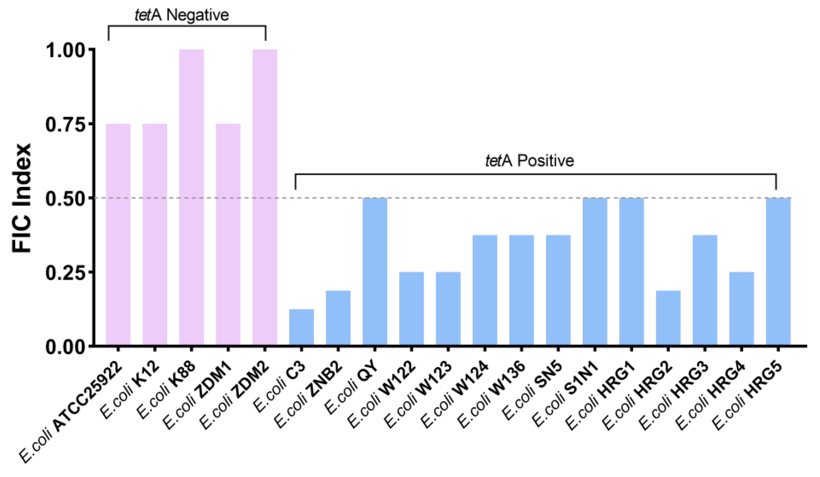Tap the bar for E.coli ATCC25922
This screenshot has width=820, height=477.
click(118, 234)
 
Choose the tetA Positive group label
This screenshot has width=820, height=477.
click(529, 161)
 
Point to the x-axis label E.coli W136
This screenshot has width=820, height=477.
click(491, 394)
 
